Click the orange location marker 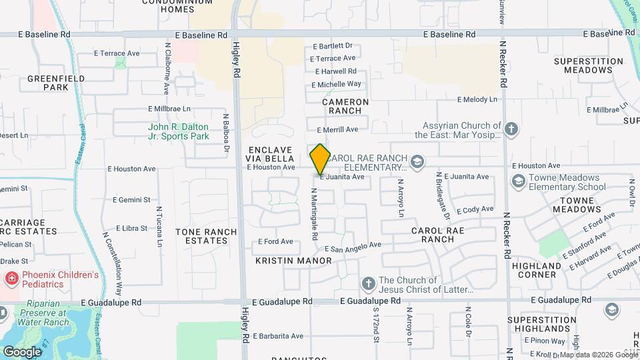320,159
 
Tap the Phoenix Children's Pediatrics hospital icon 12,279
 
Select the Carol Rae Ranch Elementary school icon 417,161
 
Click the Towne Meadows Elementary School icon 519,181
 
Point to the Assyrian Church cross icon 511,129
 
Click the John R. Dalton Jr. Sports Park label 179,131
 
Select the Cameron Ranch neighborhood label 345,106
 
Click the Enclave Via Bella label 271,154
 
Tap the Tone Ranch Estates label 206,236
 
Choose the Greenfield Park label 47,83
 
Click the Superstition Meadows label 588,65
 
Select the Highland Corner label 537,270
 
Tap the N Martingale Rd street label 314,213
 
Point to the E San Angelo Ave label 353,247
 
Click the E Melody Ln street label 477,99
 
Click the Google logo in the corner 22,351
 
